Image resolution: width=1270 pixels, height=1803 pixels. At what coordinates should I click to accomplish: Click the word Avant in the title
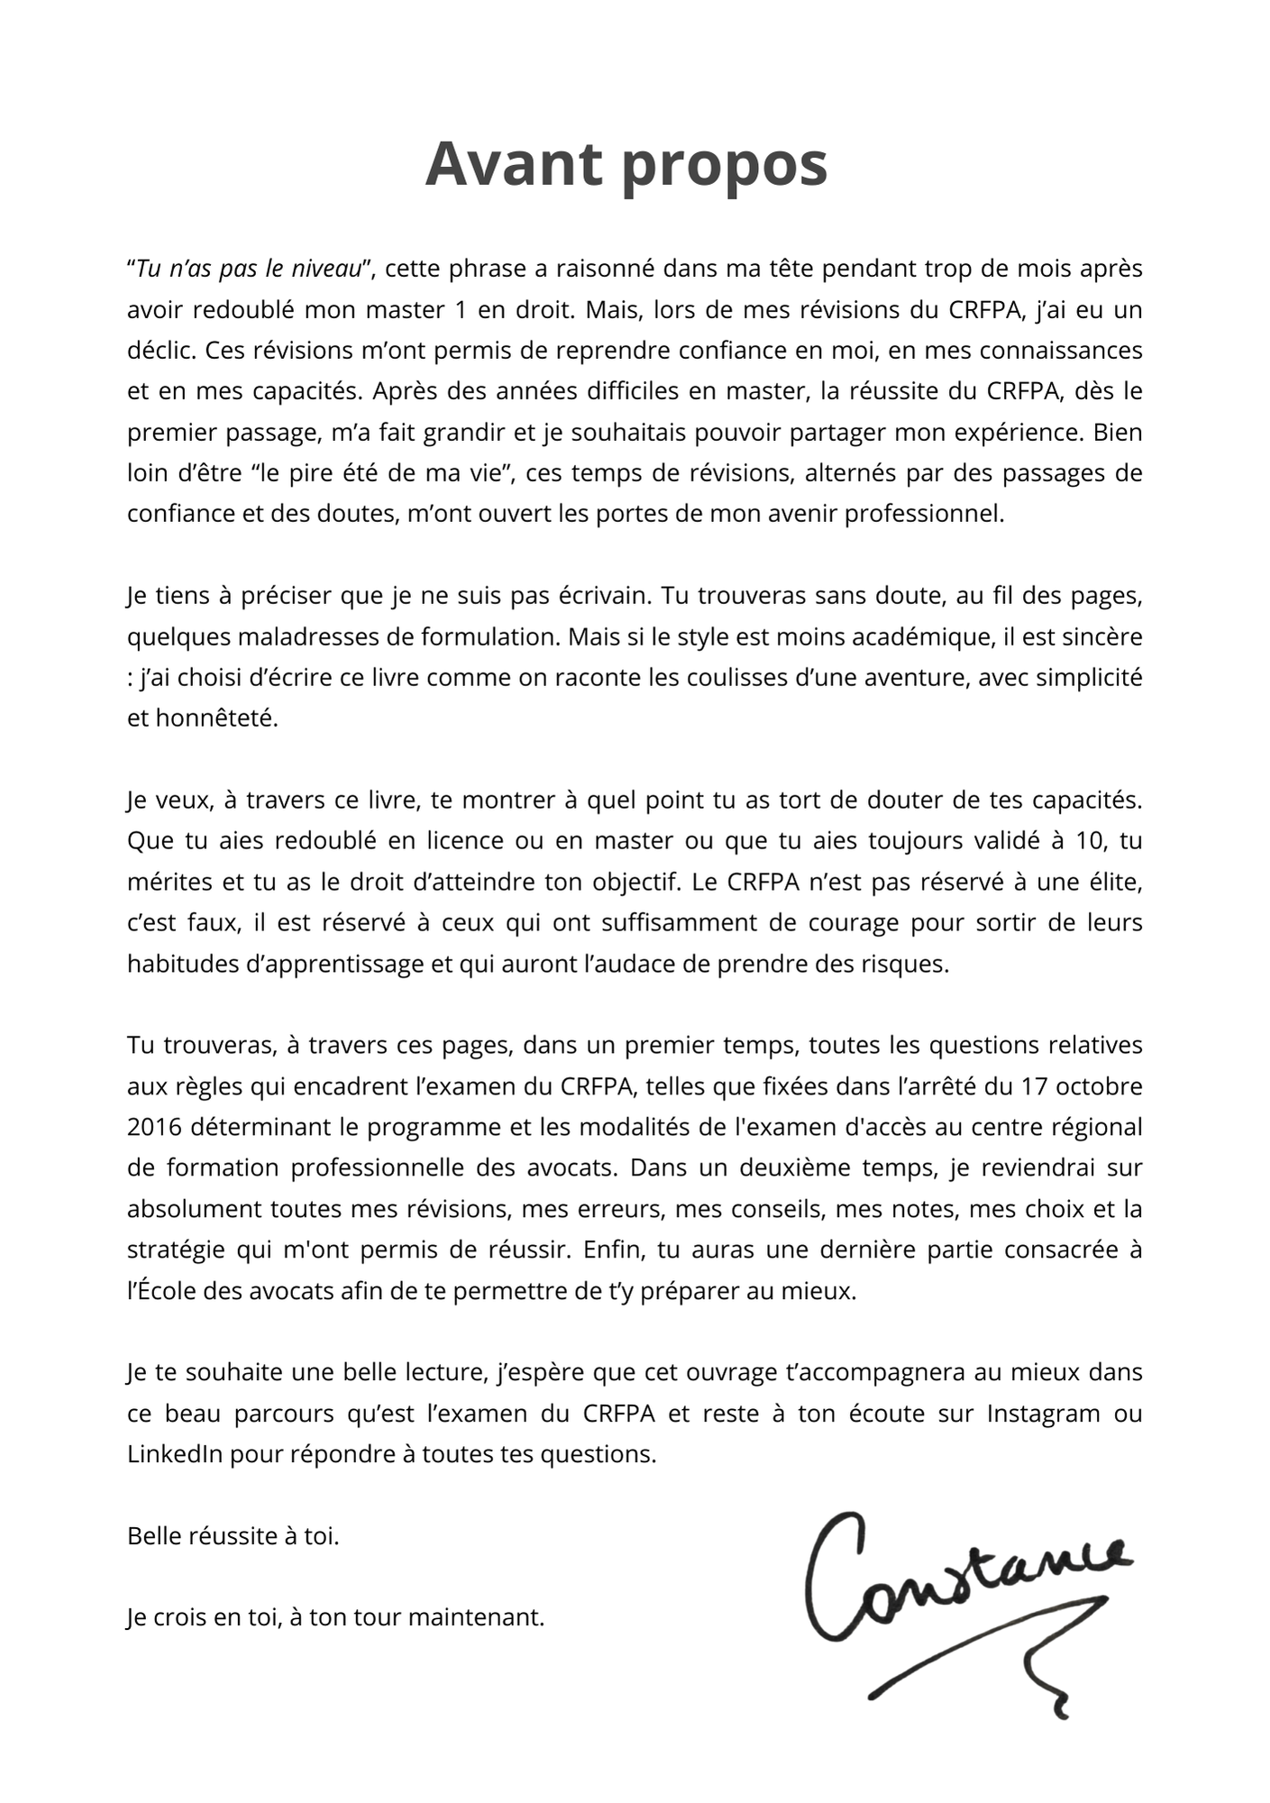(513, 164)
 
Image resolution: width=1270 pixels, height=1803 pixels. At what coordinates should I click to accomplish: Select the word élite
(1112, 882)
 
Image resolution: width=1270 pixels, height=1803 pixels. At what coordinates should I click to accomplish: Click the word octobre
(1099, 1086)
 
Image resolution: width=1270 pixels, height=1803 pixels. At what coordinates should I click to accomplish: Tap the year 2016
(154, 1127)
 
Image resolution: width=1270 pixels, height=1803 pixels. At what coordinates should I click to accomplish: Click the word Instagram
(1044, 1414)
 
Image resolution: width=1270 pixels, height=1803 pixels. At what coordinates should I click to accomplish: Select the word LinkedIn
(175, 1454)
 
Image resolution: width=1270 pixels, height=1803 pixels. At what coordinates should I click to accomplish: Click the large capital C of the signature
(834, 1576)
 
